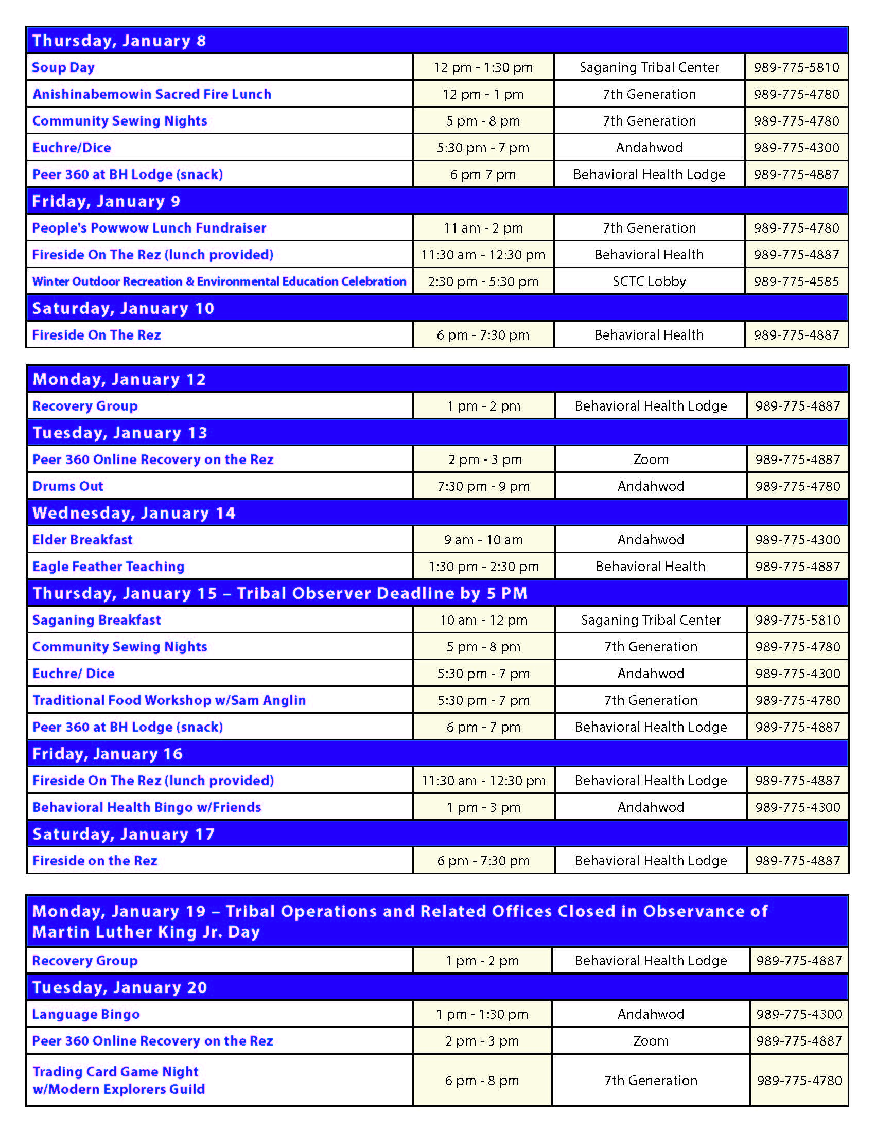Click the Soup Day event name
click(x=63, y=67)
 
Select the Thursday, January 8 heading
click(x=119, y=41)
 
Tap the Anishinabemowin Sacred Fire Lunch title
click(x=152, y=94)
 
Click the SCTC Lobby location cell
click(x=649, y=281)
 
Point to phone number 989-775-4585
click(x=796, y=281)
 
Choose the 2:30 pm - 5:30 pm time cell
click(x=483, y=281)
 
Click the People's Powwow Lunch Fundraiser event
click(x=149, y=228)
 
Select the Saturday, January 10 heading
click(x=123, y=308)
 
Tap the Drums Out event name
click(x=68, y=486)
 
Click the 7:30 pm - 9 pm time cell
click(x=484, y=486)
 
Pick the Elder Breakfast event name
click(x=82, y=540)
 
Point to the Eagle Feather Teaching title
click(x=108, y=567)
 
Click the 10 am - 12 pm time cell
click(x=484, y=620)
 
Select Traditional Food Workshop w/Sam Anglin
click(x=169, y=700)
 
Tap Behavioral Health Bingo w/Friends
click(x=147, y=807)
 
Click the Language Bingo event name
click(x=86, y=1014)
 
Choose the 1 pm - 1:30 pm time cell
click(x=482, y=1014)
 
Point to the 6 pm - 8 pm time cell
click(x=482, y=1080)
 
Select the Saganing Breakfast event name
click(x=96, y=620)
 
